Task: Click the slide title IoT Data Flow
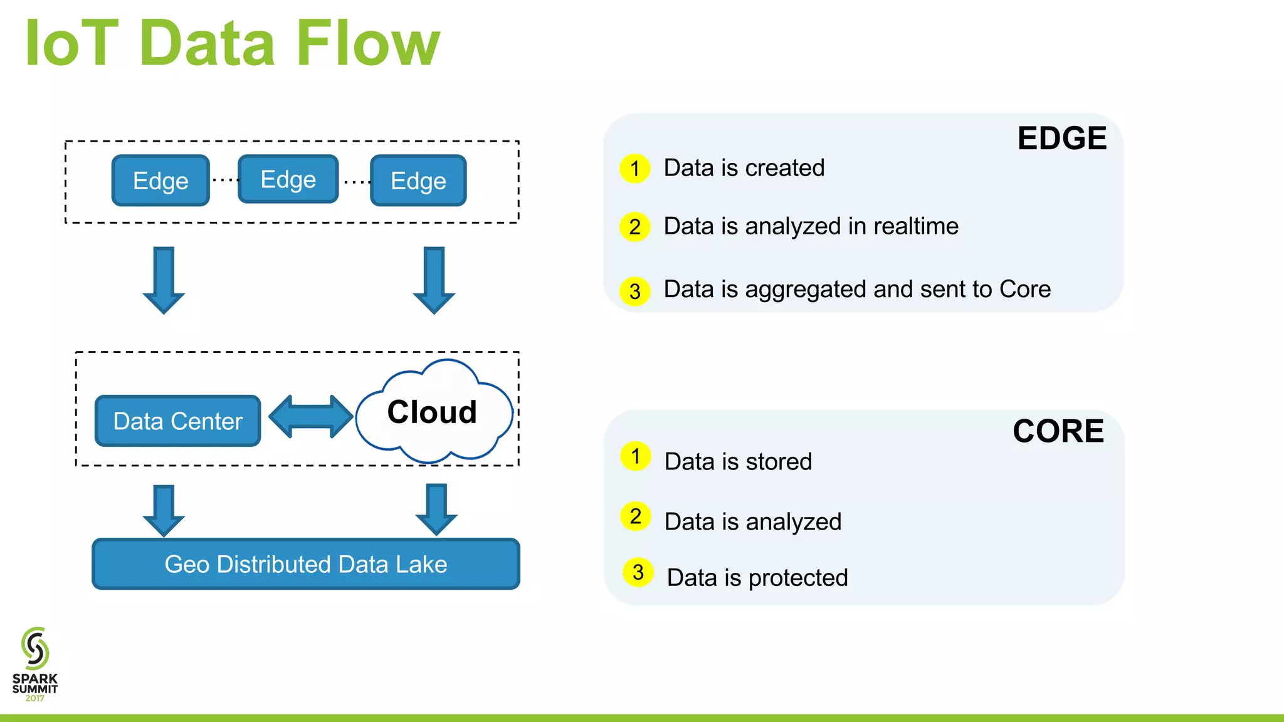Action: point(232,44)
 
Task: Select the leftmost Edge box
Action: point(160,180)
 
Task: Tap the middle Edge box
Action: point(288,179)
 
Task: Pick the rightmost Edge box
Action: point(418,180)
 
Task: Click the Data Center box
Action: point(177,421)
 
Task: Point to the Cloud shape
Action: point(433,412)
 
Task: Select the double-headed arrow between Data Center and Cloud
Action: point(311,417)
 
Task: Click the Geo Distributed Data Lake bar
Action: point(306,564)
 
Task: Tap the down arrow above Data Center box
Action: point(164,280)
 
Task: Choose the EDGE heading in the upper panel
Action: point(1061,139)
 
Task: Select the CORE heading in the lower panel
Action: point(1058,431)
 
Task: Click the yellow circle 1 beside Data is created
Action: point(635,169)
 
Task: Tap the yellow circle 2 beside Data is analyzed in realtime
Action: point(635,227)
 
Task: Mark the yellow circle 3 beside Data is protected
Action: point(638,572)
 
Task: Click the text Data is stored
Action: point(738,462)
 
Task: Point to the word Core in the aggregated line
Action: point(1024,290)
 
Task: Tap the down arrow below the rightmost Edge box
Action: point(434,280)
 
